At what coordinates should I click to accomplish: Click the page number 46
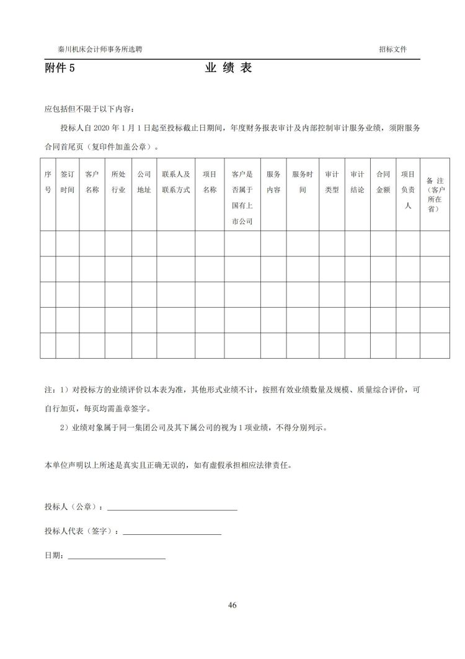232,605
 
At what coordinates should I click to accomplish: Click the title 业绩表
228,68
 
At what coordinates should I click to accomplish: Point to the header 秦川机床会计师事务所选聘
100,49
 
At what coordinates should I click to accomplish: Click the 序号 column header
48,182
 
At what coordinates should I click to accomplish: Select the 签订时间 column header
67,182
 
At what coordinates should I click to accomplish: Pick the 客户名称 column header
92,182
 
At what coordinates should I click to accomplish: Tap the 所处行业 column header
118,182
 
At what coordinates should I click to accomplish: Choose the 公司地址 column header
144,182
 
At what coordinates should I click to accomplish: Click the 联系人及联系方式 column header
175,182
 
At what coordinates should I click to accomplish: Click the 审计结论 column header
357,182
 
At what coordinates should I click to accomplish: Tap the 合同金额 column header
383,182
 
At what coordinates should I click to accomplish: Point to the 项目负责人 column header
407,190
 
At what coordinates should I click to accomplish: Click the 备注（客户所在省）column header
434,194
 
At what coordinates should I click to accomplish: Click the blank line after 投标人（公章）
172,509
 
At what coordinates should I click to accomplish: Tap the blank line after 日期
117,558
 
